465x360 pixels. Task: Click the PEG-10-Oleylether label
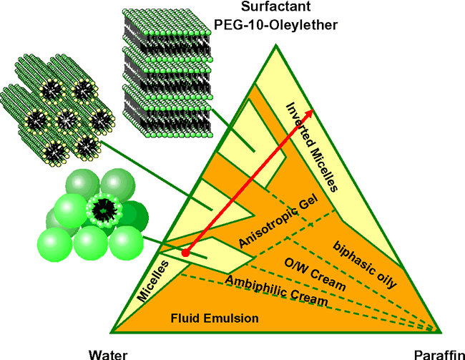265,26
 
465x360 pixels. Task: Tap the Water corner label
109,353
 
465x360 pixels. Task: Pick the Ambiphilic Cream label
277,291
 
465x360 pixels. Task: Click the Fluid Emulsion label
206,317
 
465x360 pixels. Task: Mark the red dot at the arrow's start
185,253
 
